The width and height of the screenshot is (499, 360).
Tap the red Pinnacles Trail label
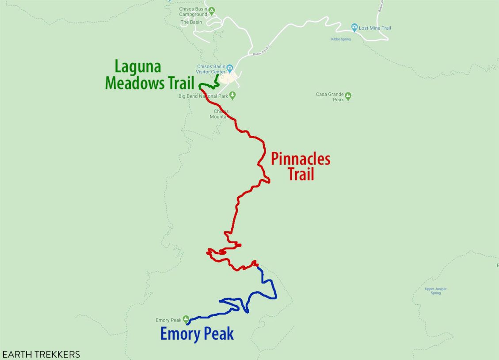click(301, 166)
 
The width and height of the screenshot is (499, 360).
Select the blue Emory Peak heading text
click(197, 334)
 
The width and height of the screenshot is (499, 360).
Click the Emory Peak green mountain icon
click(186, 319)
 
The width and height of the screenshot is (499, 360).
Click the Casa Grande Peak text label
click(330, 97)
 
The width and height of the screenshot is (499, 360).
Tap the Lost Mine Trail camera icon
click(354, 28)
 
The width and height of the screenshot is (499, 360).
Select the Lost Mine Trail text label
click(375, 28)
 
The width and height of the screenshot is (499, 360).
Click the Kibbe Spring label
click(341, 39)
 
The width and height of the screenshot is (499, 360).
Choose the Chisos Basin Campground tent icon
click(212, 10)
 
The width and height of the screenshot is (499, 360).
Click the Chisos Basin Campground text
click(193, 12)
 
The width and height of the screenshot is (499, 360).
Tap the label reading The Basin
click(191, 22)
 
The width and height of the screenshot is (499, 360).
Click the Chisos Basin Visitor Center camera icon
click(230, 70)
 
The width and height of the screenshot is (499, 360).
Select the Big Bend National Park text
click(203, 96)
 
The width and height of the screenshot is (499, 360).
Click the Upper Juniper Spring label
click(435, 291)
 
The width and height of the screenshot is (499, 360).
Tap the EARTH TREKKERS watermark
click(41, 354)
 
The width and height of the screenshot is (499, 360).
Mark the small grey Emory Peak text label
click(168, 320)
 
